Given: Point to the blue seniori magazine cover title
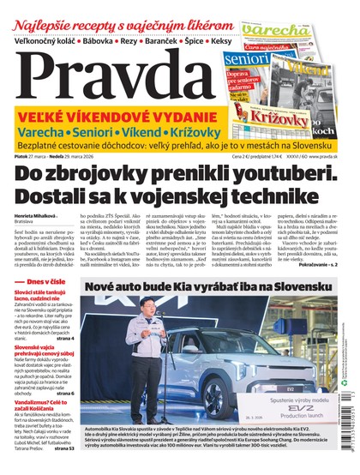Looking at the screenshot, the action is click(246, 60).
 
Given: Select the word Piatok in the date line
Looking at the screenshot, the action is click(20, 156).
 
